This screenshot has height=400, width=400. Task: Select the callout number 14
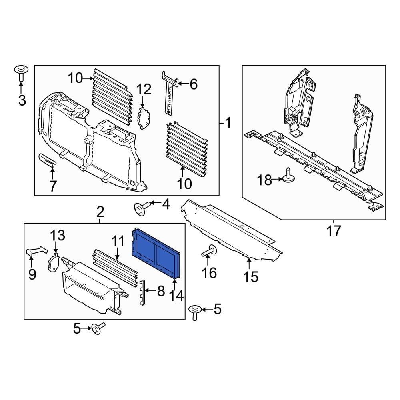coord(176,296)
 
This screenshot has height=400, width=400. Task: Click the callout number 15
coord(251,276)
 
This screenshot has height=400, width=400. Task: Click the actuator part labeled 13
coord(54,262)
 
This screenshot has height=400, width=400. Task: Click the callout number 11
coord(118,241)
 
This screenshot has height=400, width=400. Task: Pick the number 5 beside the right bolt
coord(217,309)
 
